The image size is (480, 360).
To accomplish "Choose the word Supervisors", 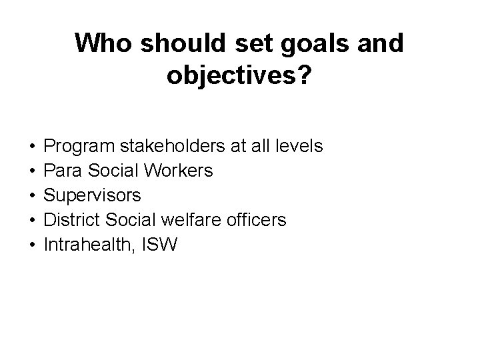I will coord(92,195).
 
